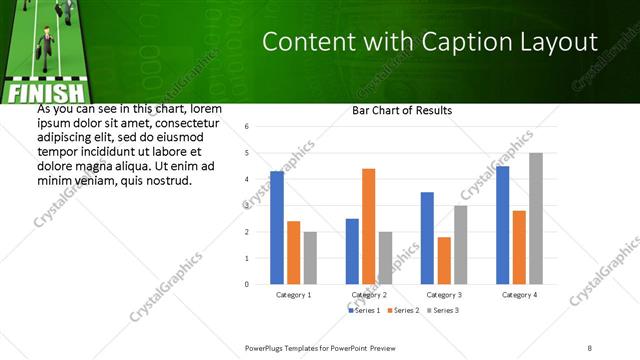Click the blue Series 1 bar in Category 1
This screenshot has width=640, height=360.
[x=277, y=228]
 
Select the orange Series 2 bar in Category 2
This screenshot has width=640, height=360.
[x=368, y=226]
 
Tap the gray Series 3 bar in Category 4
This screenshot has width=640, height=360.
[x=535, y=218]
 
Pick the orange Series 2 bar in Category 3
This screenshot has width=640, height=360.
[x=444, y=260]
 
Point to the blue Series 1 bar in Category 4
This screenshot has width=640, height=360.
[x=502, y=225]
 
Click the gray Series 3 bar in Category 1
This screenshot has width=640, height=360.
[x=310, y=258]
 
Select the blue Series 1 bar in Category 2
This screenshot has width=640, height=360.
[x=352, y=251]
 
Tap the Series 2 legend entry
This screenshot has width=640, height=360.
[x=403, y=311]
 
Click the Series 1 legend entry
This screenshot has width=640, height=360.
[x=364, y=311]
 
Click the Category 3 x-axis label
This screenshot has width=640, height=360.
[x=443, y=295]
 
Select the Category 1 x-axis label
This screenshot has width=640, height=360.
[x=293, y=295]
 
